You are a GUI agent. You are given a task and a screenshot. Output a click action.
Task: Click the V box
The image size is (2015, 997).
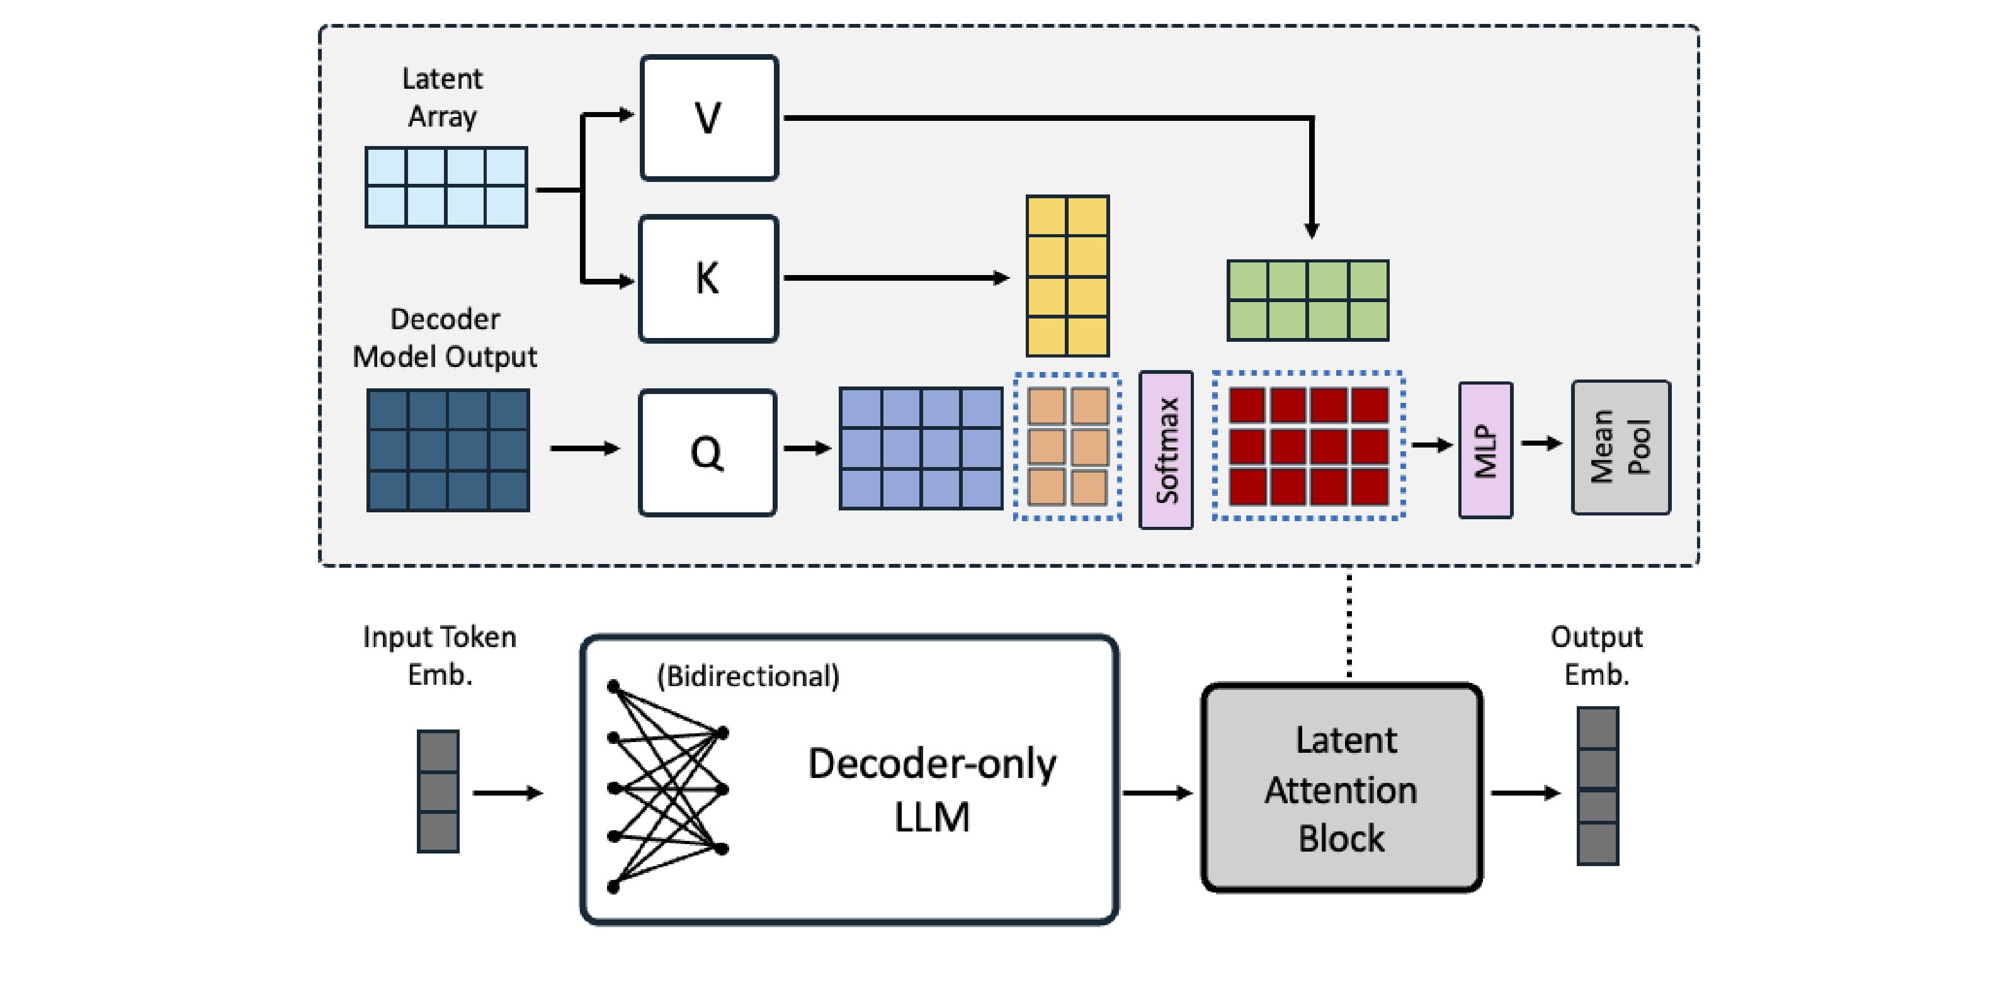click(708, 118)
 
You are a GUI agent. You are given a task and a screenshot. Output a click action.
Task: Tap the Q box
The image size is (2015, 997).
click(708, 453)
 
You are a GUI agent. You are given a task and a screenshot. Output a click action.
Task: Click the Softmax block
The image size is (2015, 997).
click(1166, 449)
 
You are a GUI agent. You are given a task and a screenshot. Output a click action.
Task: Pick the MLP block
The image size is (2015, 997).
click(1485, 449)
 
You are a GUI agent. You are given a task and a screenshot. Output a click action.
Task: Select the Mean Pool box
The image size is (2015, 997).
click(1621, 448)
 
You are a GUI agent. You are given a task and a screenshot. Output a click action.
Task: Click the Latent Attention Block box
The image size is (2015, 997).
click(1341, 787)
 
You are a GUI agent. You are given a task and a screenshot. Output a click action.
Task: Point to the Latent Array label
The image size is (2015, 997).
click(442, 98)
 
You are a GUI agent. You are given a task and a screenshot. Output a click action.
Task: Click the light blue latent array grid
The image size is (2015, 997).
click(446, 187)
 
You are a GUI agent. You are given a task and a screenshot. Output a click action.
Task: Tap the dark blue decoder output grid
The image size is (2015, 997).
click(448, 451)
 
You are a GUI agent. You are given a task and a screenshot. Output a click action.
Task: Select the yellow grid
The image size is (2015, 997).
click(1067, 276)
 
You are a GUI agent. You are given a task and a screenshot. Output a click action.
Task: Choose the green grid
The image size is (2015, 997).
click(1308, 300)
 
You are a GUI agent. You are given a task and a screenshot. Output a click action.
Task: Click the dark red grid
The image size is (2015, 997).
click(1308, 446)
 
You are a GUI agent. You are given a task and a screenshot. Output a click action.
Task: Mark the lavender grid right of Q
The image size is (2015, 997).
click(921, 449)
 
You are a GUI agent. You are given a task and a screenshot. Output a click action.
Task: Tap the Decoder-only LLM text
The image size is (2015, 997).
click(932, 790)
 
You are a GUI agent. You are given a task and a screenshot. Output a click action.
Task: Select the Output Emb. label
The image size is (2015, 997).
click(1596, 655)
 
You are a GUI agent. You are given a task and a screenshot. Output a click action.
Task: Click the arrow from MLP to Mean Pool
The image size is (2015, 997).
click(1541, 444)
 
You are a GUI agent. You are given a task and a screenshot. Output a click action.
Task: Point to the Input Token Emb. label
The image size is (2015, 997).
click(440, 655)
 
